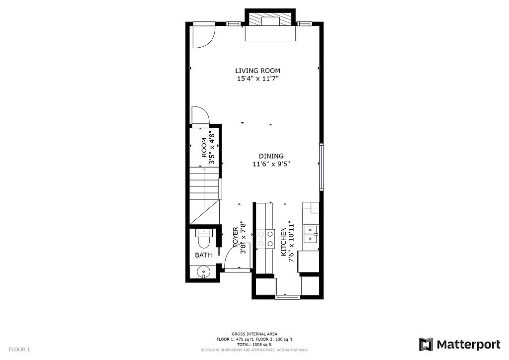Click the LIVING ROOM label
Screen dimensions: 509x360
257,71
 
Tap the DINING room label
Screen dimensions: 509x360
271,156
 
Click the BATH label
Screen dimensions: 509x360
203,255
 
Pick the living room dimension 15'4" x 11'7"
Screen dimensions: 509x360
258,79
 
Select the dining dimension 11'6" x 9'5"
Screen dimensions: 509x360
271,164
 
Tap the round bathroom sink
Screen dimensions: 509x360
204,271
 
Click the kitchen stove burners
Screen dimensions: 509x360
265,239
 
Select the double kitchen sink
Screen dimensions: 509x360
311,234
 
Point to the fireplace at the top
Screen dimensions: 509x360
270,25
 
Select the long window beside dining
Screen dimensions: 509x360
322,167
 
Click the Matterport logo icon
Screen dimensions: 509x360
426,345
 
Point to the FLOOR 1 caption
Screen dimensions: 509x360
19,350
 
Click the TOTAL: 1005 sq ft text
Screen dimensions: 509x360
254,345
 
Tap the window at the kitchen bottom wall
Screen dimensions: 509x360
287,297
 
